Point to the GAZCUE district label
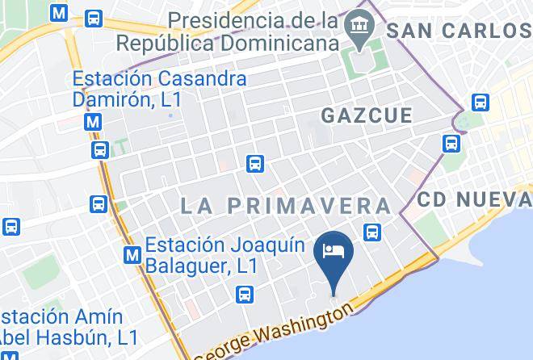[x=367, y=115]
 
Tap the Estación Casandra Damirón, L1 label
[x=159, y=90]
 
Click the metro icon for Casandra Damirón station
[x=94, y=122]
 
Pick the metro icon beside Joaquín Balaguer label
[x=132, y=255]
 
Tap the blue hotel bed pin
[x=334, y=250]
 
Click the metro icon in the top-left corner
[x=58, y=14]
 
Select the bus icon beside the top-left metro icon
[x=94, y=17]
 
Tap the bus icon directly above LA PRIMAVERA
[x=254, y=162]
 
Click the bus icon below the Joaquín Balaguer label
[x=246, y=295]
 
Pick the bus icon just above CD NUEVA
[x=450, y=144]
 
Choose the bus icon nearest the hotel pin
[x=371, y=232]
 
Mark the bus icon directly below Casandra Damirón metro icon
[x=100, y=149]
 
